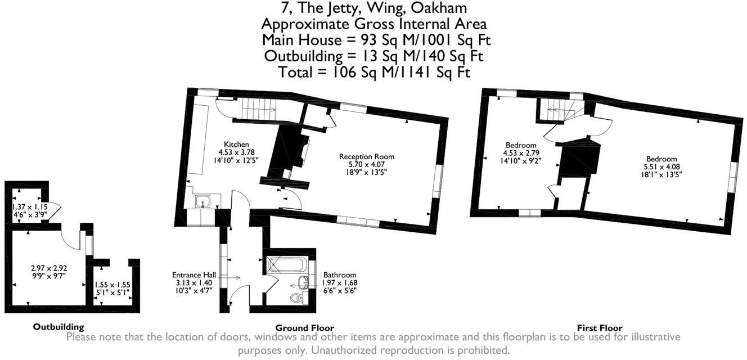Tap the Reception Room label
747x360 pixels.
(366, 156)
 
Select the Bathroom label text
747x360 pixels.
(340, 275)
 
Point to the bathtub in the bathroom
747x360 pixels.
(285, 264)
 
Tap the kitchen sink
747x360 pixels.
(202, 201)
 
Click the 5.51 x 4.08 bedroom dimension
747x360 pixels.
(660, 167)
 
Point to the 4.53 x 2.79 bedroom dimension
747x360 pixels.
(520, 153)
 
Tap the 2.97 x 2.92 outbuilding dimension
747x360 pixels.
(49, 268)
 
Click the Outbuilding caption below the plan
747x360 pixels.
(58, 326)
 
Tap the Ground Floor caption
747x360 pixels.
(304, 327)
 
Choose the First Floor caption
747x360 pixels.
(600, 327)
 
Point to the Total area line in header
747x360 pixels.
(374, 73)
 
